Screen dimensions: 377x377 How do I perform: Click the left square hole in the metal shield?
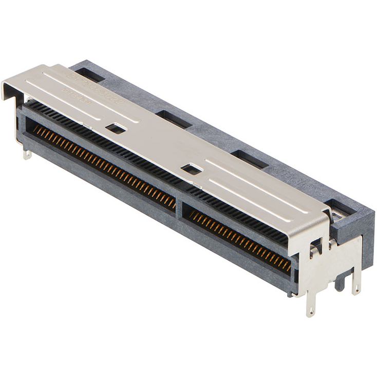[x=116, y=128]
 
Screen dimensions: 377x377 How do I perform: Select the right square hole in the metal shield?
[x=192, y=168]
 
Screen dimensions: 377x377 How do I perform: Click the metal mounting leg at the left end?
[x=27, y=152]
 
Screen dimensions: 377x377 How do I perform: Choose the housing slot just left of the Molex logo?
[x=249, y=159]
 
